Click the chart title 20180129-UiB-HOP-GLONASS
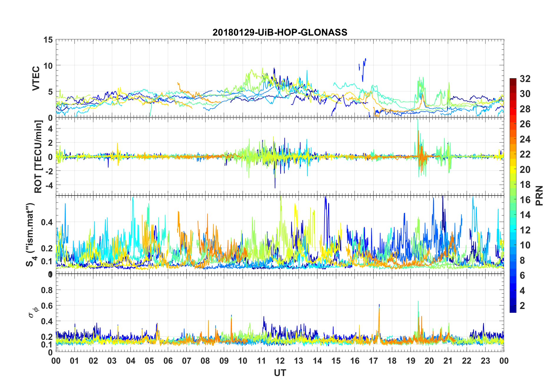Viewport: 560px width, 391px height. (x=280, y=32)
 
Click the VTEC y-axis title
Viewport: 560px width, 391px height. (x=36, y=78)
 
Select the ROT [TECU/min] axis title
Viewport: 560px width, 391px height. (x=38, y=156)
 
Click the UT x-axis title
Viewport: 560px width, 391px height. (x=280, y=373)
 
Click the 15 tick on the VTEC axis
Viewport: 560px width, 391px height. (x=48, y=40)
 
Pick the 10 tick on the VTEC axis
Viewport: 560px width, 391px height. (x=48, y=66)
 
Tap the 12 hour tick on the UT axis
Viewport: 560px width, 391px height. (x=280, y=361)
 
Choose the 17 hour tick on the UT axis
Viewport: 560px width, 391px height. (x=373, y=361)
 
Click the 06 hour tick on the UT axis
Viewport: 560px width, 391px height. (x=168, y=361)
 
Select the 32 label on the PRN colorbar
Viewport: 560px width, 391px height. (x=525, y=79)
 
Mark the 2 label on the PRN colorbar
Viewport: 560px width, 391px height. (x=522, y=306)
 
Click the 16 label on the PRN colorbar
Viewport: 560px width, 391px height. (x=525, y=200)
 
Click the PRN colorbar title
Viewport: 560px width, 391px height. (x=539, y=195)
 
